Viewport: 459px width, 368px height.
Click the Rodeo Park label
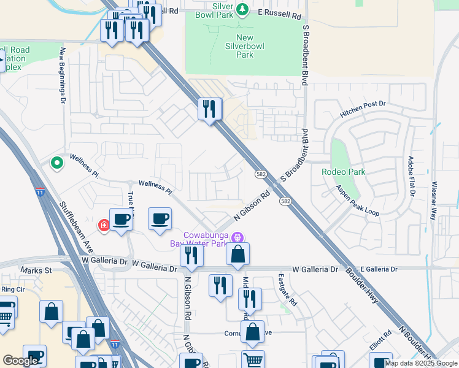343,172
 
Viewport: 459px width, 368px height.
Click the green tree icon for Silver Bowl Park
242,9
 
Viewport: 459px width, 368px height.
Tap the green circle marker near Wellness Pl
57,163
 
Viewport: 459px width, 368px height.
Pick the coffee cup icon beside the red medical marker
121,220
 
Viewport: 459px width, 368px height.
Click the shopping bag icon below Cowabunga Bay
238,254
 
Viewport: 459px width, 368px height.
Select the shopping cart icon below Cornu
253,360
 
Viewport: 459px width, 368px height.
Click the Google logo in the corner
20,361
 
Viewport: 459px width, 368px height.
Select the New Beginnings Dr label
62,77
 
